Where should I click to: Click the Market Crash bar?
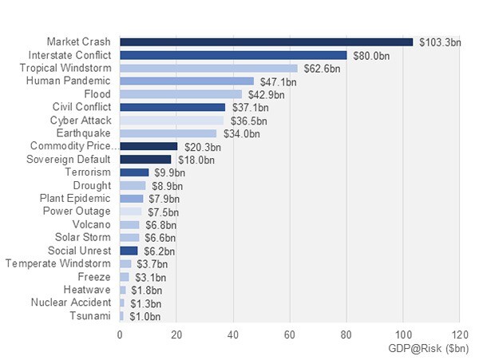pyautogui.click(x=266, y=42)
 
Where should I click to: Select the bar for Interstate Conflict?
pyautogui.click(x=233, y=55)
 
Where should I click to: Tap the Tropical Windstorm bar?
pyautogui.click(x=208, y=68)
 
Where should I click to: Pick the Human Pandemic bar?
pyautogui.click(x=187, y=81)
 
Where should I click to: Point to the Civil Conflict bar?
pyautogui.click(x=172, y=107)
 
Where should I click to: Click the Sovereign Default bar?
pyautogui.click(x=145, y=159)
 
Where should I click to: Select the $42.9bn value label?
pyautogui.click(x=267, y=94)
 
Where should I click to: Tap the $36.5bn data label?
pyautogui.click(x=248, y=121)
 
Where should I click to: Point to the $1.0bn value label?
pyautogui.click(x=146, y=316)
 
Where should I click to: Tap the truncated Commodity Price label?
pyautogui.click(x=73, y=146)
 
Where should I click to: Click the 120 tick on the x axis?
pyautogui.click(x=459, y=335)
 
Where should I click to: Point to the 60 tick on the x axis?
pyautogui.click(x=290, y=335)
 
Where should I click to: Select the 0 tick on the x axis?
pyautogui.click(x=120, y=335)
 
